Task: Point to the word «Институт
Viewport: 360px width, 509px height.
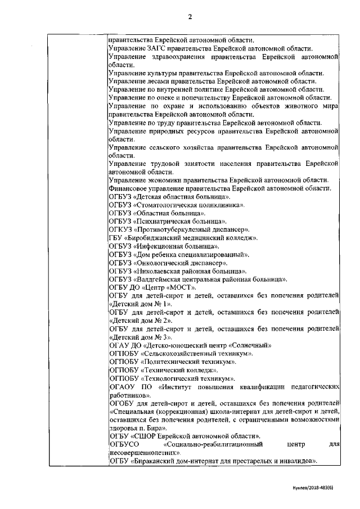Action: coord(177,387)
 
